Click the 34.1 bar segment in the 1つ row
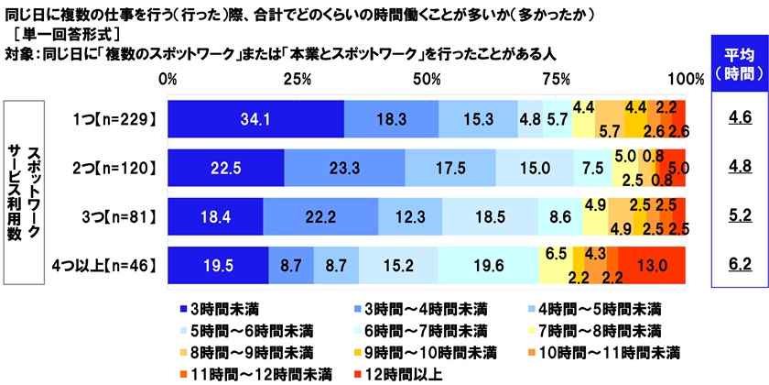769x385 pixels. coord(255,118)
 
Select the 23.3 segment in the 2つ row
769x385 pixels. coord(344,168)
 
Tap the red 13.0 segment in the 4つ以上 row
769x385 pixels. coord(652,267)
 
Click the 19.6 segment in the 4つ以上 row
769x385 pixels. coord(487,267)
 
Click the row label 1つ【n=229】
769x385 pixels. coord(117,118)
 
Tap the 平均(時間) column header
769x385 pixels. coord(738,63)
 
